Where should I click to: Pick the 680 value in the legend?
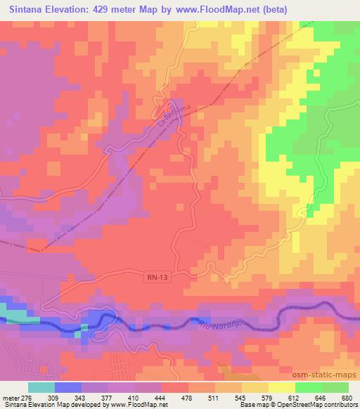pyautogui.click(x=347, y=397)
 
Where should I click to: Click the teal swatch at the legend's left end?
pyautogui.click(x=41, y=387)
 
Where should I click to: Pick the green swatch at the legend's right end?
pyautogui.click(x=335, y=387)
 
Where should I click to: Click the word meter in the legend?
pyautogui.click(x=11, y=397)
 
